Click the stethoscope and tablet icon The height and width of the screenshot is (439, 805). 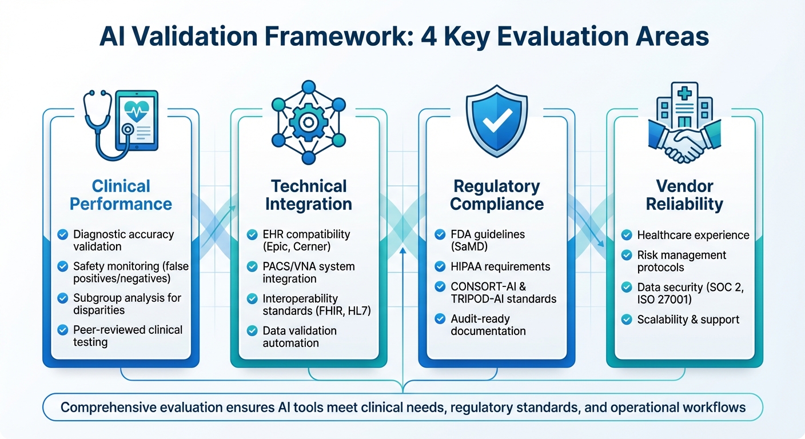121,123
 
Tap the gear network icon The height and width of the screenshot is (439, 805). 308,123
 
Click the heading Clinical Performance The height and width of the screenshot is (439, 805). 121,195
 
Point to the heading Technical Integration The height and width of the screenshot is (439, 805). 309,195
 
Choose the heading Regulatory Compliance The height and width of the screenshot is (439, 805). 496,195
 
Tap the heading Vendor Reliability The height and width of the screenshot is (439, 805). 684,195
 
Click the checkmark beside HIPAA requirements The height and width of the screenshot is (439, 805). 440,266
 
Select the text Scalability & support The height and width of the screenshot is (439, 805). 688,319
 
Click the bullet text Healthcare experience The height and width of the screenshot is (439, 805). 693,235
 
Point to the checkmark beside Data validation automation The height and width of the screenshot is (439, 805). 252,330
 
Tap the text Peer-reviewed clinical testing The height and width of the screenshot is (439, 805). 128,336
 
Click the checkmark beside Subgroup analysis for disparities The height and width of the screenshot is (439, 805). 63,298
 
